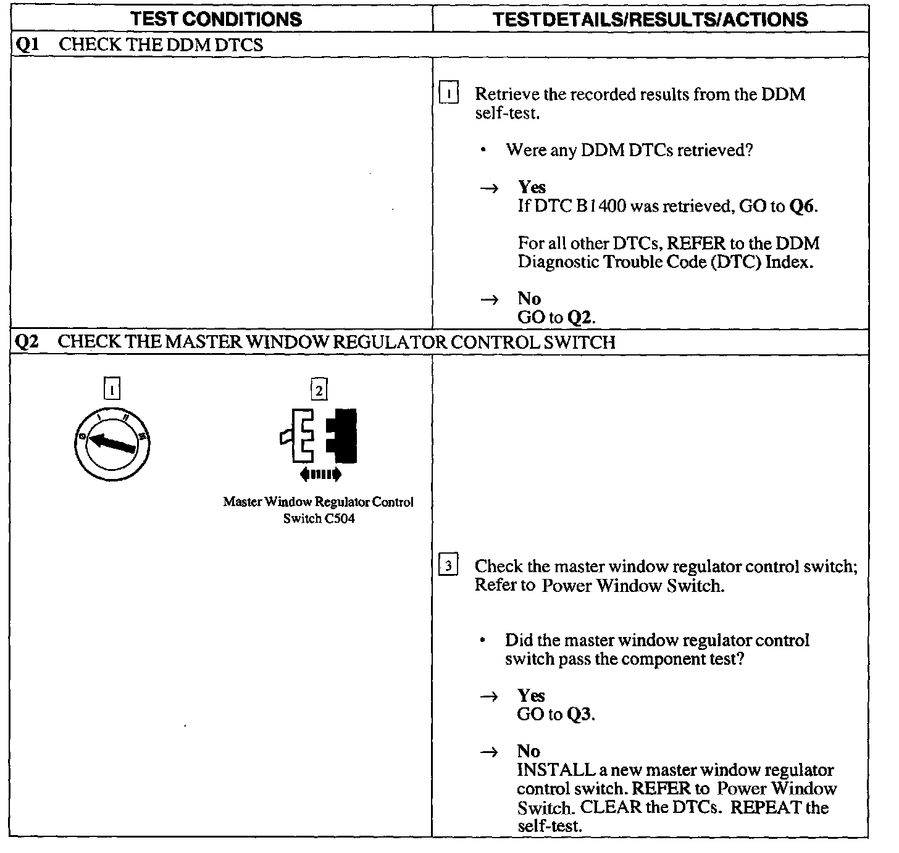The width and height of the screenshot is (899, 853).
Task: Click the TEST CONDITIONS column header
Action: (x=217, y=19)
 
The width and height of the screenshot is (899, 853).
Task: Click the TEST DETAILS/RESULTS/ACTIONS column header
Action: (x=651, y=19)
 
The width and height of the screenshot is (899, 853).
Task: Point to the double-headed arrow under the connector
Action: (x=319, y=474)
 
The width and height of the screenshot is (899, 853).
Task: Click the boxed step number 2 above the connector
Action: (x=319, y=390)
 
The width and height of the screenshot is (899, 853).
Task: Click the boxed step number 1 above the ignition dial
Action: (x=112, y=390)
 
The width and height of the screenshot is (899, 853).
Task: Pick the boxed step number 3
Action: (x=448, y=566)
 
